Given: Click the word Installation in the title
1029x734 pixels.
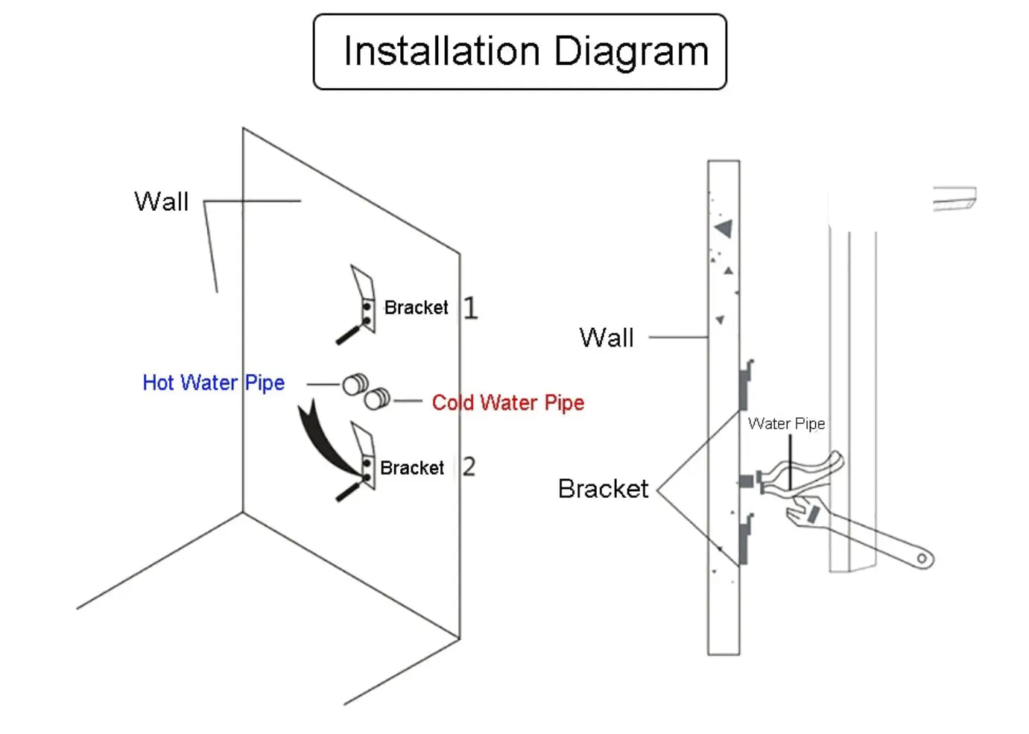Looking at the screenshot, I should (441, 51).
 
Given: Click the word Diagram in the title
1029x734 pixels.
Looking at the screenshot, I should (631, 53).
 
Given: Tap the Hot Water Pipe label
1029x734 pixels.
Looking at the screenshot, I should (213, 383).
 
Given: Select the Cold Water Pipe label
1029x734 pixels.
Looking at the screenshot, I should (507, 403).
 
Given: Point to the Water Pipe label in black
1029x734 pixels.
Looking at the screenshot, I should (786, 424).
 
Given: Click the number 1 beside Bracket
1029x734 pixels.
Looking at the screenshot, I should (470, 308).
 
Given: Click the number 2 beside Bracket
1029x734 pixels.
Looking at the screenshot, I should (469, 467).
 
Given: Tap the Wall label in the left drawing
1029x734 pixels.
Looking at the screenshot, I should (161, 202).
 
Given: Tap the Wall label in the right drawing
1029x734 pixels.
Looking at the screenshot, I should (607, 338).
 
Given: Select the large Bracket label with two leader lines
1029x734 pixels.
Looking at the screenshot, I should (603, 489).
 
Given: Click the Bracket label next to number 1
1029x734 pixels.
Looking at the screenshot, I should (416, 308).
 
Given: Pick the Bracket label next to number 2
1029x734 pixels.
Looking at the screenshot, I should (411, 468).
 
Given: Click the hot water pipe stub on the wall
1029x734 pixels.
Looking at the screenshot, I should (355, 385).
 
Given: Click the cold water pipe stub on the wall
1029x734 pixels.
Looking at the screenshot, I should (377, 399).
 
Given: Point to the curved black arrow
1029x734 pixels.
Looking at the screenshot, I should (320, 440).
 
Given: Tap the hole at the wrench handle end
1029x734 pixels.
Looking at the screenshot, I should (922, 558).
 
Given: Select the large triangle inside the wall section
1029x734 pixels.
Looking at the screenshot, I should (724, 228).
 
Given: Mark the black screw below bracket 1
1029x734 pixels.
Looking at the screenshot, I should (348, 335).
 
